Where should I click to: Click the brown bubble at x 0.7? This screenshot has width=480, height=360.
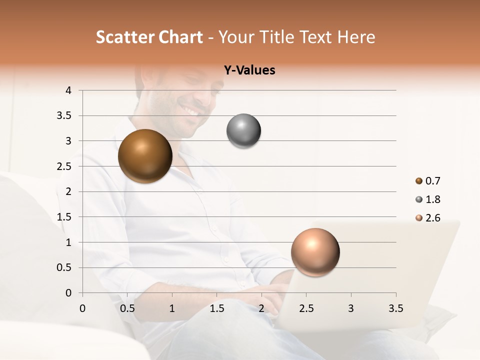click(145, 156)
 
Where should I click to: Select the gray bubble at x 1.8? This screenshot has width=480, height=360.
click(243, 131)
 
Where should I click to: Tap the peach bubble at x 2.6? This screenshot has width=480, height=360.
click(315, 252)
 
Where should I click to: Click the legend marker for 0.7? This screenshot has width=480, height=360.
click(419, 181)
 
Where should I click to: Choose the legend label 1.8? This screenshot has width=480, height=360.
click(432, 199)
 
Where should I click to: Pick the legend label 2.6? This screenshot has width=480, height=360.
click(432, 218)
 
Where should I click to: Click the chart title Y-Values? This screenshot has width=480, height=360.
click(249, 70)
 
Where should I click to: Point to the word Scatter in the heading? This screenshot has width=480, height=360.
click(124, 37)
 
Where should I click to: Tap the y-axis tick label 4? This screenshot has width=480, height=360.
click(68, 90)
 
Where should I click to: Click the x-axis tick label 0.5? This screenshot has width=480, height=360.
click(127, 308)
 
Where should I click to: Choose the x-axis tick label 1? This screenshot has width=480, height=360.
click(172, 308)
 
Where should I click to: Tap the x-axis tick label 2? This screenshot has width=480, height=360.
click(261, 308)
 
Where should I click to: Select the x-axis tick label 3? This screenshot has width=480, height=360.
click(351, 308)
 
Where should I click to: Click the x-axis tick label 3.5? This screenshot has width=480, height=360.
click(395, 308)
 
